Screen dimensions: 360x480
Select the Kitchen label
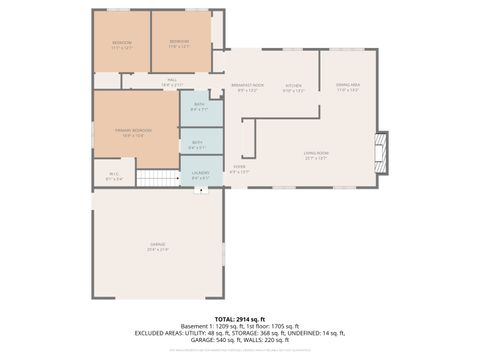click(x=294, y=88)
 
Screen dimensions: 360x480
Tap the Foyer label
click(x=240, y=169)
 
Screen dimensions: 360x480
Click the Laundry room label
click(x=200, y=176)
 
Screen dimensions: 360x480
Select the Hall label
click(x=171, y=81)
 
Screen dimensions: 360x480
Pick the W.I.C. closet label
click(x=115, y=178)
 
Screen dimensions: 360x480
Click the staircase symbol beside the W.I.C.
click(x=156, y=178)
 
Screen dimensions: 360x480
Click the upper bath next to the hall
click(x=199, y=108)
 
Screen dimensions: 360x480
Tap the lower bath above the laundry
click(x=199, y=145)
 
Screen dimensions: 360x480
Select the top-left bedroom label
click(x=122, y=45)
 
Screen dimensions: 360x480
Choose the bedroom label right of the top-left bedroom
click(x=180, y=44)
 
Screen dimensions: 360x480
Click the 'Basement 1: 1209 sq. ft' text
click(x=212, y=326)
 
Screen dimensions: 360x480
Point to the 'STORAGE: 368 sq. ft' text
click(x=259, y=333)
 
